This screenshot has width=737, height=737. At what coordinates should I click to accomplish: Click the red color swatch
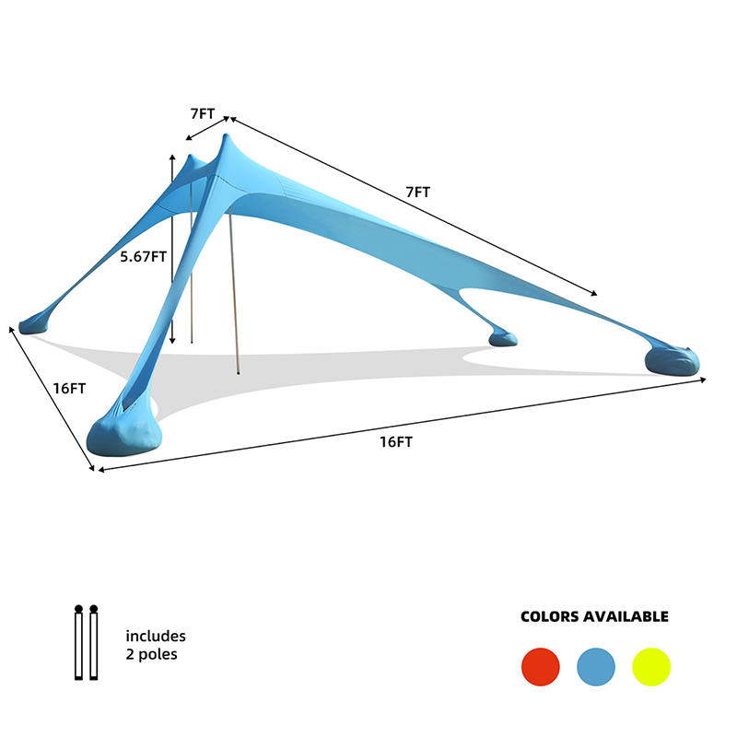[541, 666]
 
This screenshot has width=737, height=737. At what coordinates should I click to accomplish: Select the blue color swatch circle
[596, 666]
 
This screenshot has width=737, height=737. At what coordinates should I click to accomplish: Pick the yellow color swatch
[651, 666]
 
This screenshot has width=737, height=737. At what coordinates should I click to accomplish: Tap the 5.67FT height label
[144, 257]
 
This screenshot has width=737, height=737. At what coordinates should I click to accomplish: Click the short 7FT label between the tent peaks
[203, 113]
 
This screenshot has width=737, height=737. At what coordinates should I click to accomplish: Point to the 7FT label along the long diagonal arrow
[418, 193]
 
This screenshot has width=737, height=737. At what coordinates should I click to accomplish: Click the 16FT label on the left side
[69, 389]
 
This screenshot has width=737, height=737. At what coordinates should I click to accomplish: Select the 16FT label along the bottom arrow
[396, 442]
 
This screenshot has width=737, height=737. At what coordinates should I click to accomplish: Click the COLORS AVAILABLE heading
[594, 616]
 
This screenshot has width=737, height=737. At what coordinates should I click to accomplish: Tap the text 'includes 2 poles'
[156, 645]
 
